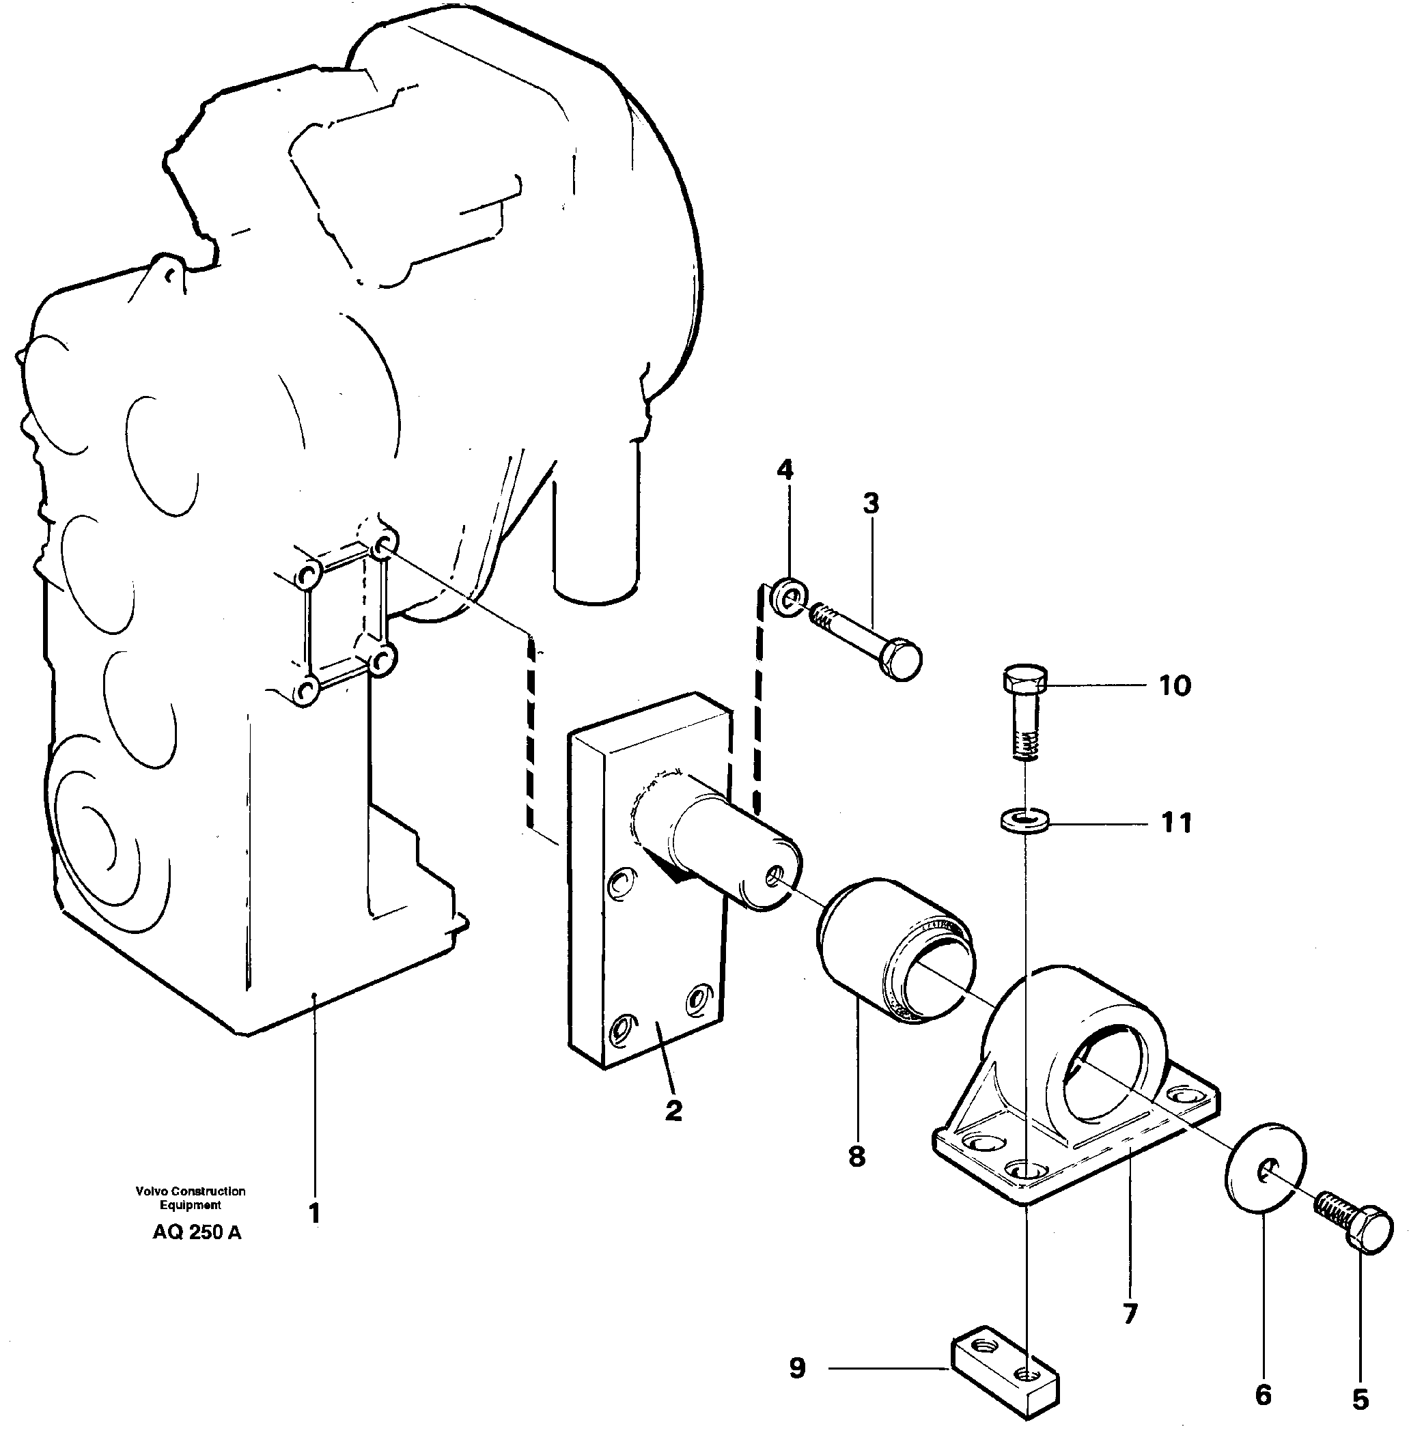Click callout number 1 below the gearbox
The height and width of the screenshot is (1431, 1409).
314,1214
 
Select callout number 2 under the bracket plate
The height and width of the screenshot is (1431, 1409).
673,1110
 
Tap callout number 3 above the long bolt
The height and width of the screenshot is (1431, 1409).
871,504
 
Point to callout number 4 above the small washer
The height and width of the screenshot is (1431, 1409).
785,469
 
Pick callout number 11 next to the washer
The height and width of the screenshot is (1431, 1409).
1176,823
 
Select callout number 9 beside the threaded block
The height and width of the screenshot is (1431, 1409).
797,1368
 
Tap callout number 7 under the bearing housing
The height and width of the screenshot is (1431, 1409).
1129,1314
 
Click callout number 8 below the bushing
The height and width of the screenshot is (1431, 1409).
857,1157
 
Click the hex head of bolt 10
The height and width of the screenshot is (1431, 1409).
1026,679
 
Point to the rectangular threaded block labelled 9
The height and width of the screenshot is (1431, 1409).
1003,1371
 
